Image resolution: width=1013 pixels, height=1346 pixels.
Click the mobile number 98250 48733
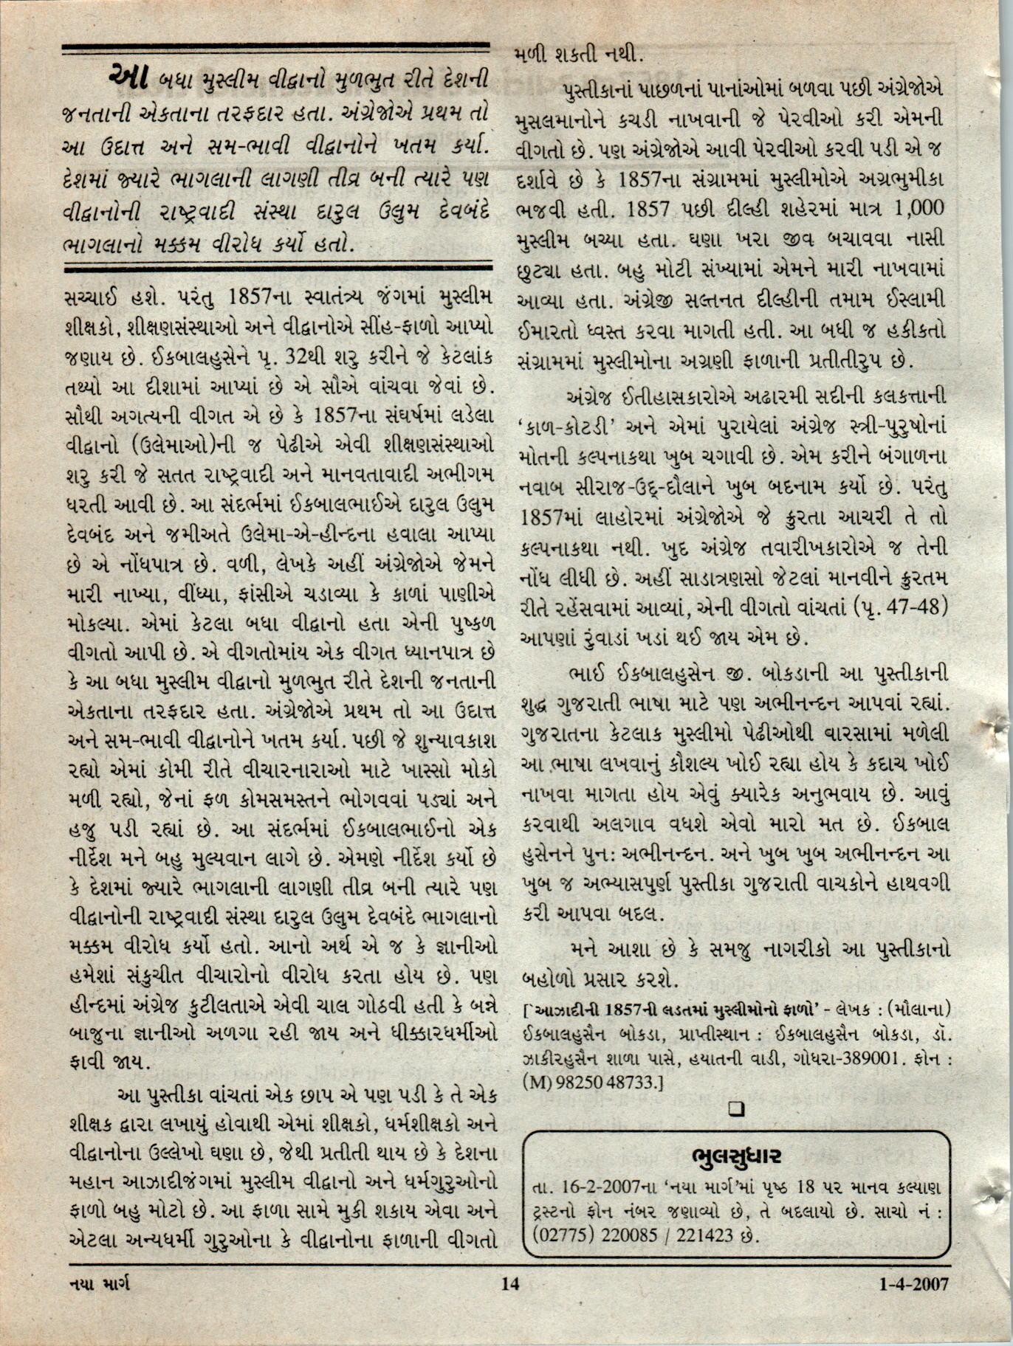[x=609, y=1083]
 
